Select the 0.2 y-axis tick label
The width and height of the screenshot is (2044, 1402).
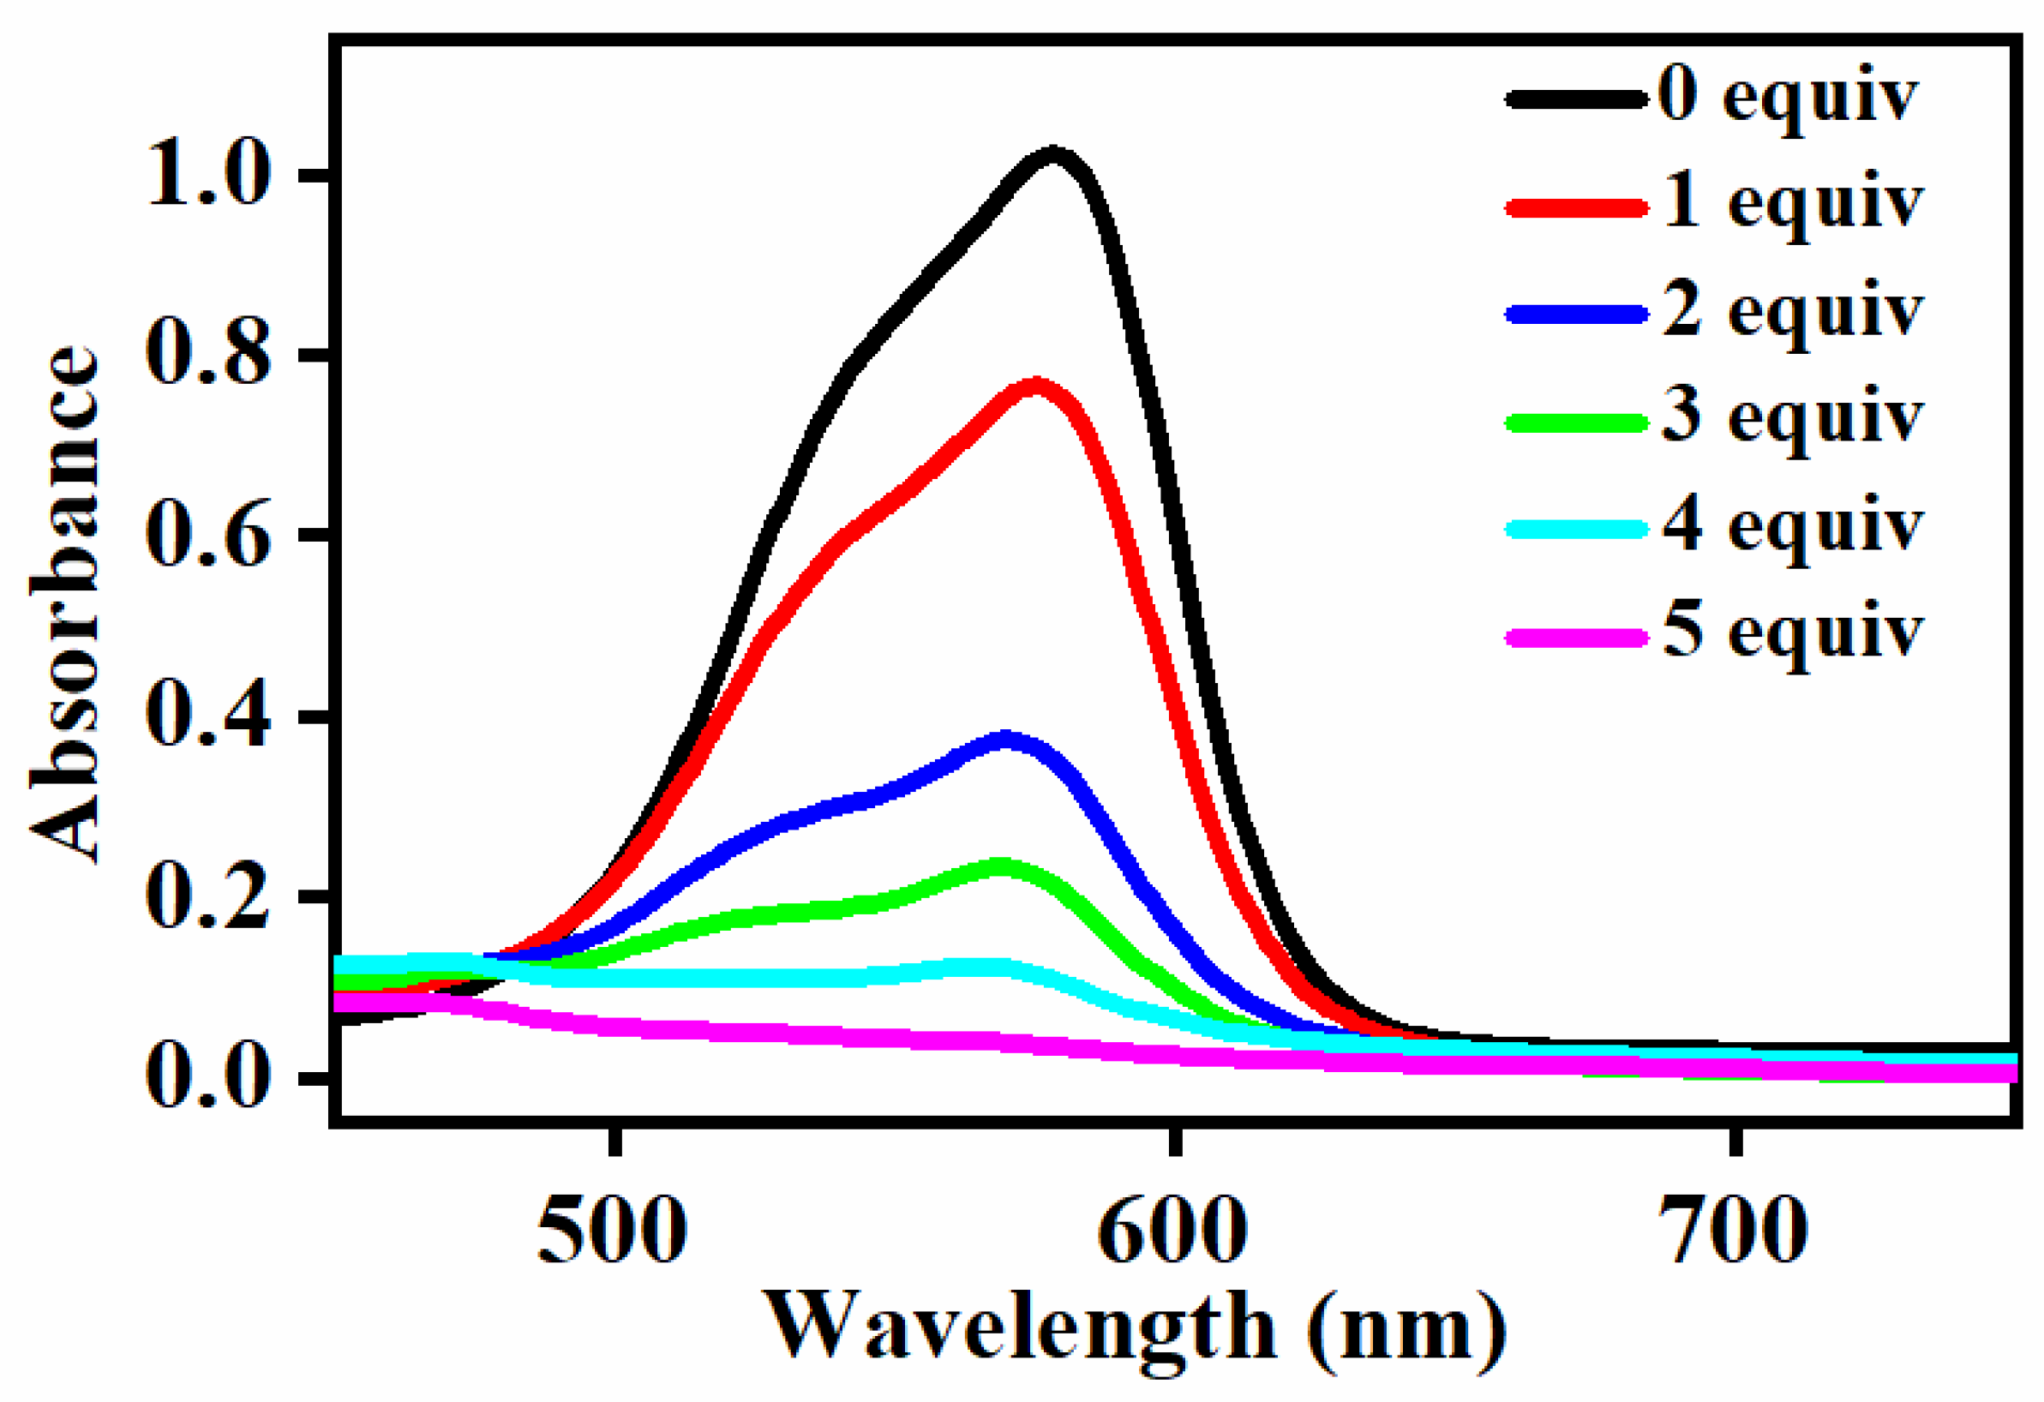click(x=207, y=898)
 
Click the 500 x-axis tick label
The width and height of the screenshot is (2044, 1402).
click(x=612, y=1231)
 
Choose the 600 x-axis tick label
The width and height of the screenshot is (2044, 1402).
click(x=1173, y=1231)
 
